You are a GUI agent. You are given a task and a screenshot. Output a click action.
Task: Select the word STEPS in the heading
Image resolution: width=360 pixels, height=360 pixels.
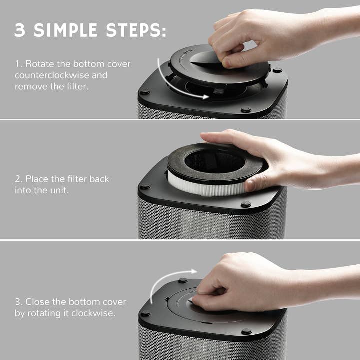134,30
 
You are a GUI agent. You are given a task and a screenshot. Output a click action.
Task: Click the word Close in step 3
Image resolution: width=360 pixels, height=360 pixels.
36,302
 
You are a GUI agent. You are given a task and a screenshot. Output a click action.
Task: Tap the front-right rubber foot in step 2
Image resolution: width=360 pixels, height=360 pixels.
245,204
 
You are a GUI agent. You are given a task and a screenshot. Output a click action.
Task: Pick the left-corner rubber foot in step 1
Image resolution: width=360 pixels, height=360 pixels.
145,92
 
